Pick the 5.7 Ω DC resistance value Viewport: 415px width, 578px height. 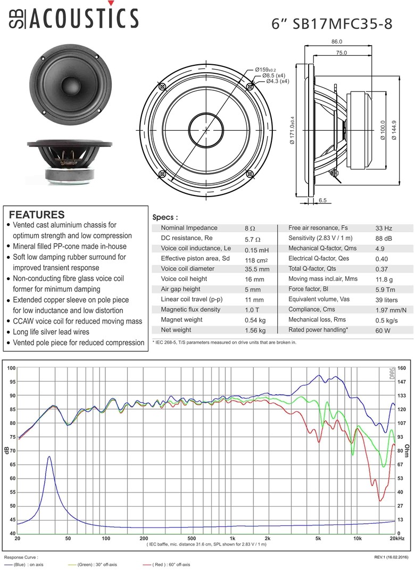tap(253, 239)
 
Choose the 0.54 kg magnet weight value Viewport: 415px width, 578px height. tap(254, 320)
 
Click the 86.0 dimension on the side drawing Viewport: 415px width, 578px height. tap(336, 42)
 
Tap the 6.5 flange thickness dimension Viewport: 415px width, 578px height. tap(322, 200)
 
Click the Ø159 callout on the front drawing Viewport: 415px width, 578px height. tap(264, 70)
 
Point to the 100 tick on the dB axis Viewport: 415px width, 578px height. tap(12, 368)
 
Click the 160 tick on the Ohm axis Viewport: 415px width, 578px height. tap(402, 368)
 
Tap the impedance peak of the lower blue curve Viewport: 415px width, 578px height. tap(49, 456)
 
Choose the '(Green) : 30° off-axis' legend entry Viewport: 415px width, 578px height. tap(93, 564)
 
